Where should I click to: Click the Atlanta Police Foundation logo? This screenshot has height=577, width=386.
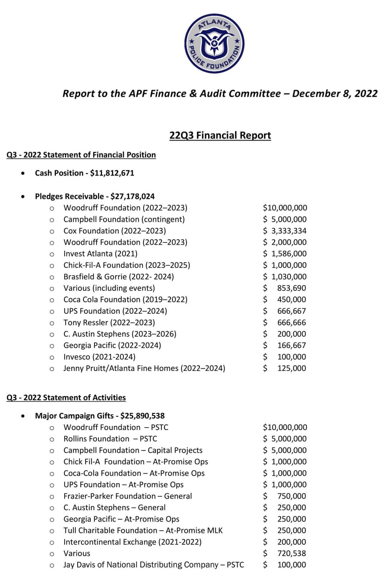click(x=214, y=44)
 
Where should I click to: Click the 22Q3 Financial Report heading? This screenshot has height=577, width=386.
click(x=220, y=135)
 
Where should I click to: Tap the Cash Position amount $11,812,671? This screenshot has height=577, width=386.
click(x=112, y=173)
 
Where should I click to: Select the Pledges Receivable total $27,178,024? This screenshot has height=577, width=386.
click(x=133, y=196)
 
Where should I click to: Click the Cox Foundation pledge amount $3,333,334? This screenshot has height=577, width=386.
click(x=285, y=231)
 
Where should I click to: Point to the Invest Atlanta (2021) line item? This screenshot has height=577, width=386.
click(x=100, y=254)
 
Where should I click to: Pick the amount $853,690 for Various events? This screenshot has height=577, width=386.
click(x=291, y=288)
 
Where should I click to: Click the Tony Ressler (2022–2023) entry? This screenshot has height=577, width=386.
click(x=109, y=323)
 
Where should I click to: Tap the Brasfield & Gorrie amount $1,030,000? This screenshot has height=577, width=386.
click(x=285, y=277)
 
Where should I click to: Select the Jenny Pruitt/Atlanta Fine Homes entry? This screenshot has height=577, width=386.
click(x=144, y=368)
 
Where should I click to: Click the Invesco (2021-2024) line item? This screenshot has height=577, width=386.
click(x=99, y=357)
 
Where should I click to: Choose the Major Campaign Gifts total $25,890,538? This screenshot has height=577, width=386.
click(x=142, y=416)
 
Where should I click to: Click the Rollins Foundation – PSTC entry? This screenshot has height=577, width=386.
click(x=110, y=439)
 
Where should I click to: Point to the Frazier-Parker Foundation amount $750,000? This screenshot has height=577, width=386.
click(x=291, y=496)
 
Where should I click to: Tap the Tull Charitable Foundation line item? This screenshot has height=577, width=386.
click(x=143, y=531)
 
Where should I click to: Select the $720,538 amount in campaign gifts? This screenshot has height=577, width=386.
click(x=291, y=553)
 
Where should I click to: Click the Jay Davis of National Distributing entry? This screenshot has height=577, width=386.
click(x=154, y=565)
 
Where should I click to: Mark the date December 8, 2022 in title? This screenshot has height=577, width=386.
click(x=335, y=94)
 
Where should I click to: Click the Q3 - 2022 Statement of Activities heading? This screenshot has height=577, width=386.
click(x=66, y=398)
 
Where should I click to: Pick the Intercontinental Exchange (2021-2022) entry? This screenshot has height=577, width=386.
click(x=132, y=542)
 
